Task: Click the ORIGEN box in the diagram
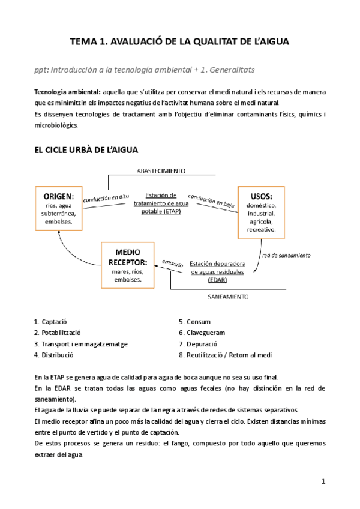[x=59, y=208]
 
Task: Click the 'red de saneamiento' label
[x=286, y=254]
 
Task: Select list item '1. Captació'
[x=50, y=321]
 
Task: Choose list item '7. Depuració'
[x=199, y=343]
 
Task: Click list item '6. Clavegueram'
[x=202, y=332]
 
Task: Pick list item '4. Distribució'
[x=53, y=355]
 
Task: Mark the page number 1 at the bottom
[x=323, y=481]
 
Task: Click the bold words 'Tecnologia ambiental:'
[x=67, y=92]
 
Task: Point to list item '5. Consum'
[x=195, y=321]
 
